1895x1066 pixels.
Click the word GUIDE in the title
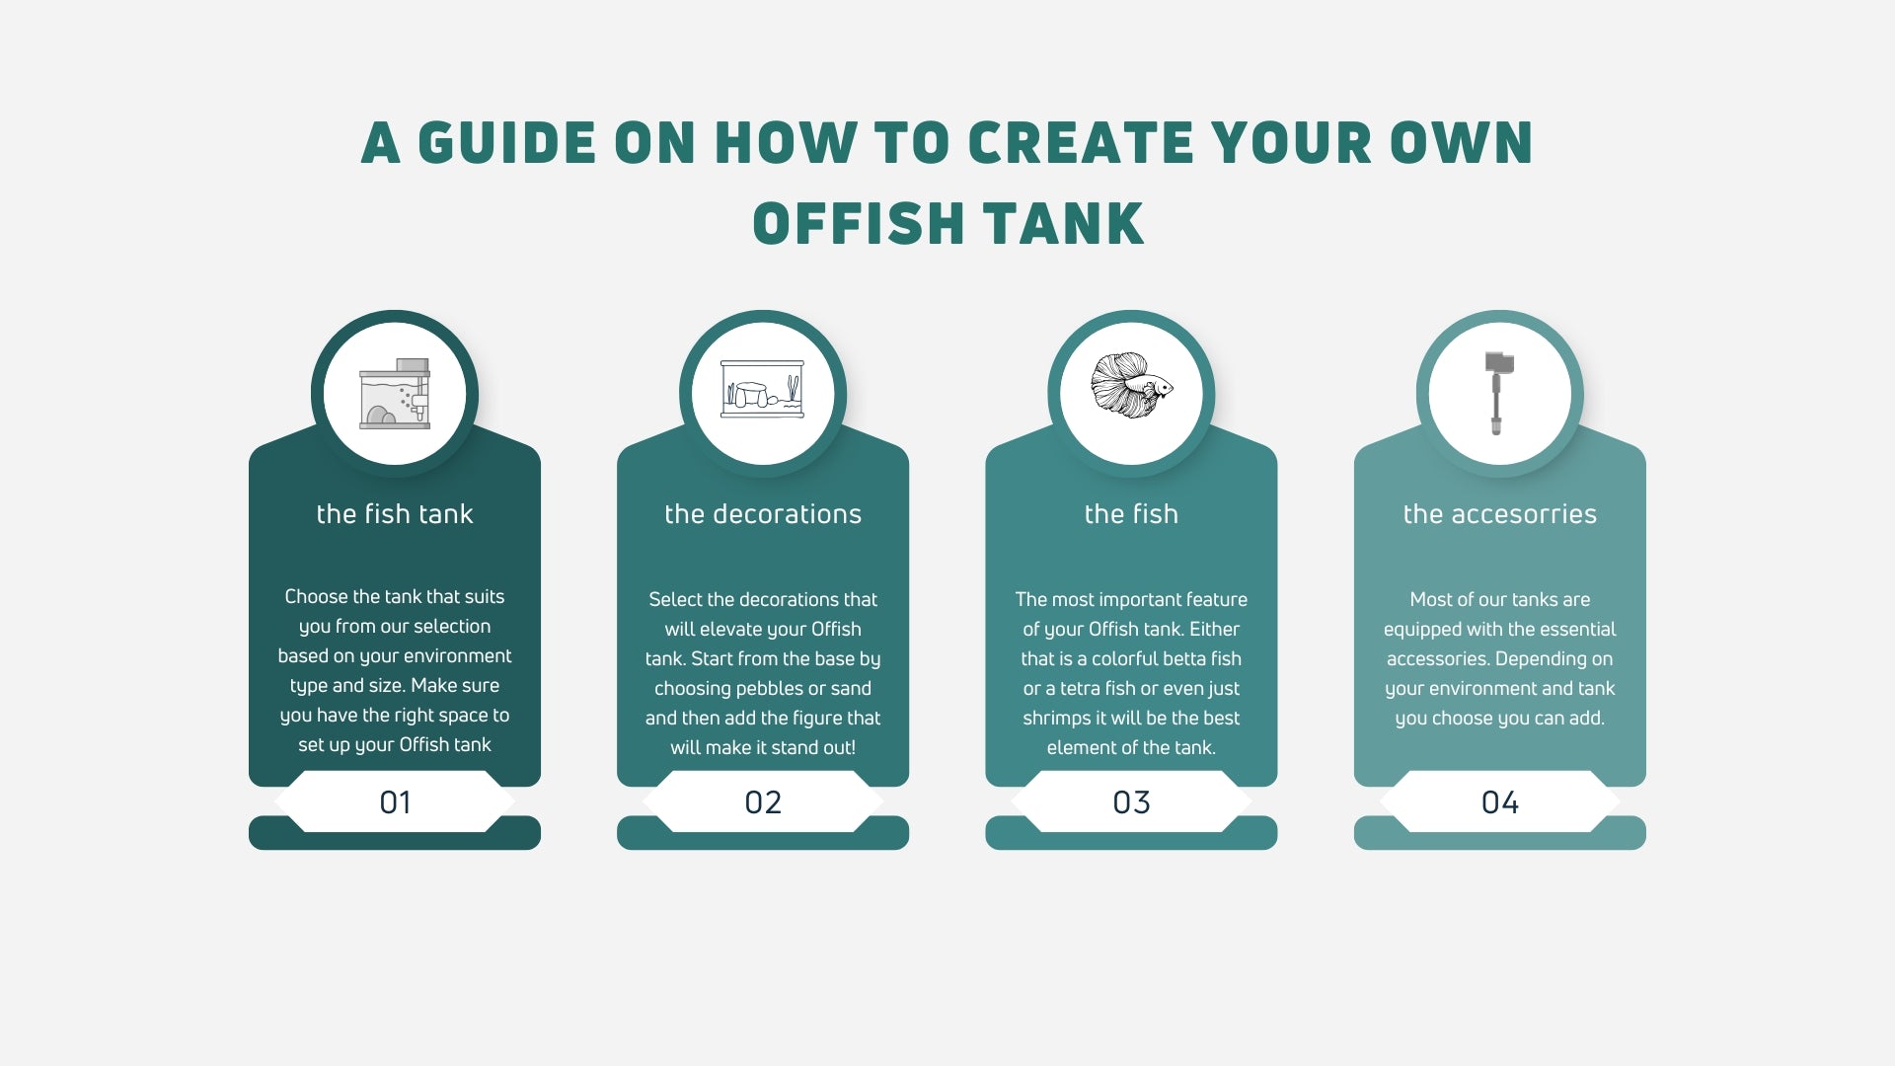(506, 143)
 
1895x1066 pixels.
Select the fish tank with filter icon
(395, 393)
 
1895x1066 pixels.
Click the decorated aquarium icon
(763, 389)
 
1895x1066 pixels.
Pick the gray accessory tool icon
(1499, 393)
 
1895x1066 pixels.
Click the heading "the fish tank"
(395, 514)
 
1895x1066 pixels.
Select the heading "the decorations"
(763, 514)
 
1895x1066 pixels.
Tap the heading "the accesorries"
(1500, 514)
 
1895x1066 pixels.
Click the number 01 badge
(395, 801)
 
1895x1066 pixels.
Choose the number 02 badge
(763, 801)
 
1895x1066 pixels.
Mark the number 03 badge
(1131, 801)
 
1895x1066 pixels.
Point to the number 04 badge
(1500, 801)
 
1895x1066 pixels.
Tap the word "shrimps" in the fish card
(1057, 719)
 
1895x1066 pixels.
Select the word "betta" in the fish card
(1187, 658)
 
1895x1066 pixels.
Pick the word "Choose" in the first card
(316, 596)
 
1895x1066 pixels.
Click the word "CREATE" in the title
(1082, 143)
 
